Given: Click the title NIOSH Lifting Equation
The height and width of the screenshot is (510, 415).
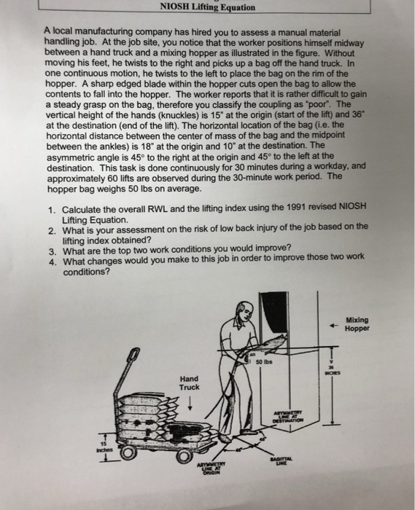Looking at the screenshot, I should [x=208, y=8].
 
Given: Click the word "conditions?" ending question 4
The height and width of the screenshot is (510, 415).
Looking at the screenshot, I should [x=86, y=272].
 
